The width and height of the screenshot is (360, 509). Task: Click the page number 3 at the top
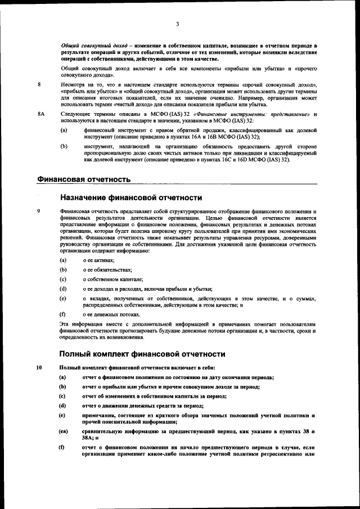pos(177,24)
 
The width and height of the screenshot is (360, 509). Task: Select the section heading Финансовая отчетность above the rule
pos(84,179)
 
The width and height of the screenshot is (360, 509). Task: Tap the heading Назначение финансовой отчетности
pos(130,197)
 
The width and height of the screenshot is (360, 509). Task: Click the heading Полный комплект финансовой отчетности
pos(142,354)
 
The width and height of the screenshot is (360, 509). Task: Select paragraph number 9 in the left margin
pos(39,211)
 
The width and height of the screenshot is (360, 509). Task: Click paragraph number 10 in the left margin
pos(39,368)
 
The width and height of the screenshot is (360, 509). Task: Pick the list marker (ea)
pos(64,431)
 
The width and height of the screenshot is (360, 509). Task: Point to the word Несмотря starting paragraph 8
pos(72,85)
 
